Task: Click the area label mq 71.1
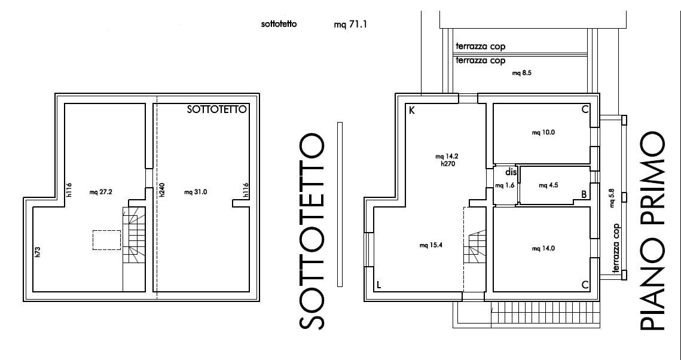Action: tap(350, 25)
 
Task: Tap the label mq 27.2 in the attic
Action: tap(101, 192)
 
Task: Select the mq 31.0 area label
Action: tap(196, 192)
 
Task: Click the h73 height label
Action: tap(38, 252)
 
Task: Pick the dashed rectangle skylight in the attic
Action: tap(107, 240)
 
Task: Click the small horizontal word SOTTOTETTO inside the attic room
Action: tap(216, 109)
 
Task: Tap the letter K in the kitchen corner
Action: tap(412, 110)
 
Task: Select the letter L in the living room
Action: tap(378, 285)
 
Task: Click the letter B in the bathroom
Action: tap(584, 194)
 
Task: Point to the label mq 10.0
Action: tap(543, 133)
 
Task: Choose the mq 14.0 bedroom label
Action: tap(543, 249)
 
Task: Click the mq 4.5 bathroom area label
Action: tap(548, 185)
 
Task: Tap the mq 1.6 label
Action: tap(505, 186)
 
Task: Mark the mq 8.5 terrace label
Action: tap(522, 74)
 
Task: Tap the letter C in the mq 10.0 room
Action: tap(585, 110)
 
